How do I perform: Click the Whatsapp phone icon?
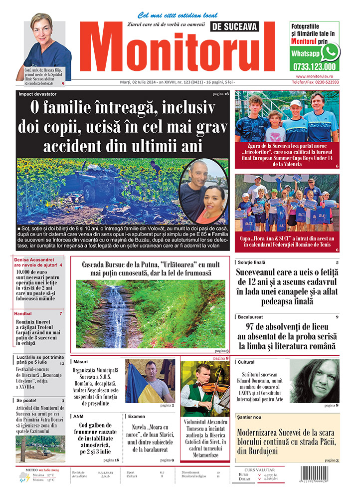click(x=330, y=52)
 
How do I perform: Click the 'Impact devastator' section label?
click(x=38, y=94)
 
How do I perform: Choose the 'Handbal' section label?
click(x=23, y=313)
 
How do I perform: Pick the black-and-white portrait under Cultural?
click(x=314, y=381)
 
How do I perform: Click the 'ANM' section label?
click(x=78, y=416)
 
